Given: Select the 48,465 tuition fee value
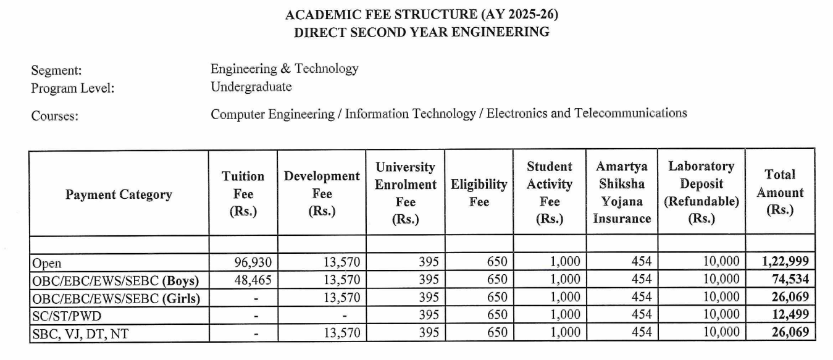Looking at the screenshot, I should coord(253,279).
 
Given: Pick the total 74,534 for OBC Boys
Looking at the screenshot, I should coord(790,279).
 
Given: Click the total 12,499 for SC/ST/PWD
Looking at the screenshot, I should coord(790,314).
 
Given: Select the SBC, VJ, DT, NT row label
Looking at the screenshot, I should coord(80,333).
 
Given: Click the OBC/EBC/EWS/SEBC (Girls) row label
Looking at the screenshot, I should coord(117,298).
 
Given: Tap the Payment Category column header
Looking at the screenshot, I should coord(119,195).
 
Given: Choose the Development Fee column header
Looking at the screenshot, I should coord(321,193).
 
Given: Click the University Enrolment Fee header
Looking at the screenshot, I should coord(405,193).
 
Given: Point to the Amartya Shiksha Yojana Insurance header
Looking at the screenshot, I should coord(621,193).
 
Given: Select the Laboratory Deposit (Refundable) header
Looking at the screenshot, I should coord(701,193).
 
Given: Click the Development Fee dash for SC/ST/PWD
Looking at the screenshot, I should coord(345,316).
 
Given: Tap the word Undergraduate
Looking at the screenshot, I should coord(251,87).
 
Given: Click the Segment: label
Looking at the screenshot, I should coord(56,71).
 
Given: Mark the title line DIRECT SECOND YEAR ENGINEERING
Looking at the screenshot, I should coord(421,33).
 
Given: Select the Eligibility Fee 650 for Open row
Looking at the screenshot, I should coord(496,262).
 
